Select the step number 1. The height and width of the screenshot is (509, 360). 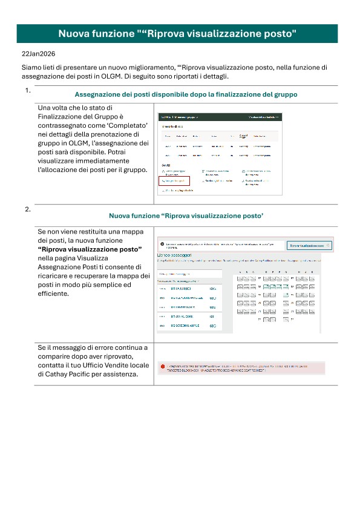[28, 91]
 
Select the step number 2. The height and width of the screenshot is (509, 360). [28, 209]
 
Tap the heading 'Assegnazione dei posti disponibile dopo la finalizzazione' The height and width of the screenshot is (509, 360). [185, 95]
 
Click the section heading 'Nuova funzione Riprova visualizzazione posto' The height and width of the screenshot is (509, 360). [185, 215]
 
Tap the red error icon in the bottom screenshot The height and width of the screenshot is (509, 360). [162, 367]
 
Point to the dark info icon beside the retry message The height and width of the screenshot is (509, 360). [162, 245]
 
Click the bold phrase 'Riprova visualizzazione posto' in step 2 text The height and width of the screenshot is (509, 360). [90, 249]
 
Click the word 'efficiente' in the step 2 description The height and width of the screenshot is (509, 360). [53, 293]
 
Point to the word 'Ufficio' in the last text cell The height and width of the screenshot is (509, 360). [99, 366]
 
